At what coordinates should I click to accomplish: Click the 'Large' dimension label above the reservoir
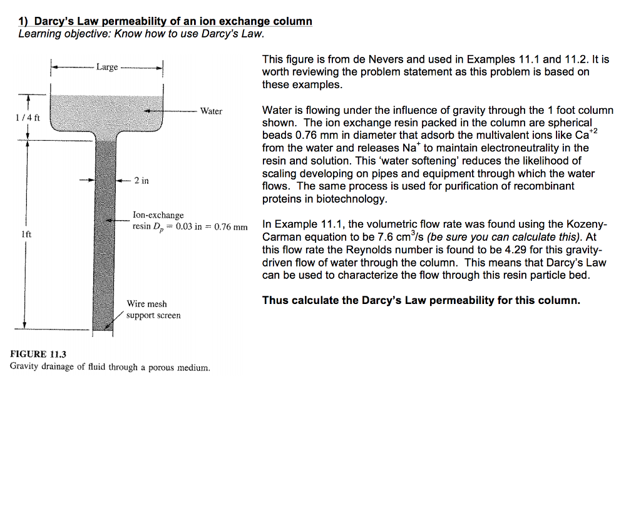[107, 67]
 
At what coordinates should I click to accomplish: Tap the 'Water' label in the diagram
[211, 111]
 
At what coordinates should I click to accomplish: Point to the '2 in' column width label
[141, 181]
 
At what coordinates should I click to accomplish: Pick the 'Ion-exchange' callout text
[158, 215]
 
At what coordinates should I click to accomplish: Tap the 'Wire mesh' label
[146, 304]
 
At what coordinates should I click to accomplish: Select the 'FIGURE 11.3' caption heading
[38, 354]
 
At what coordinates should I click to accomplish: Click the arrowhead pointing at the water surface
[148, 111]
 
